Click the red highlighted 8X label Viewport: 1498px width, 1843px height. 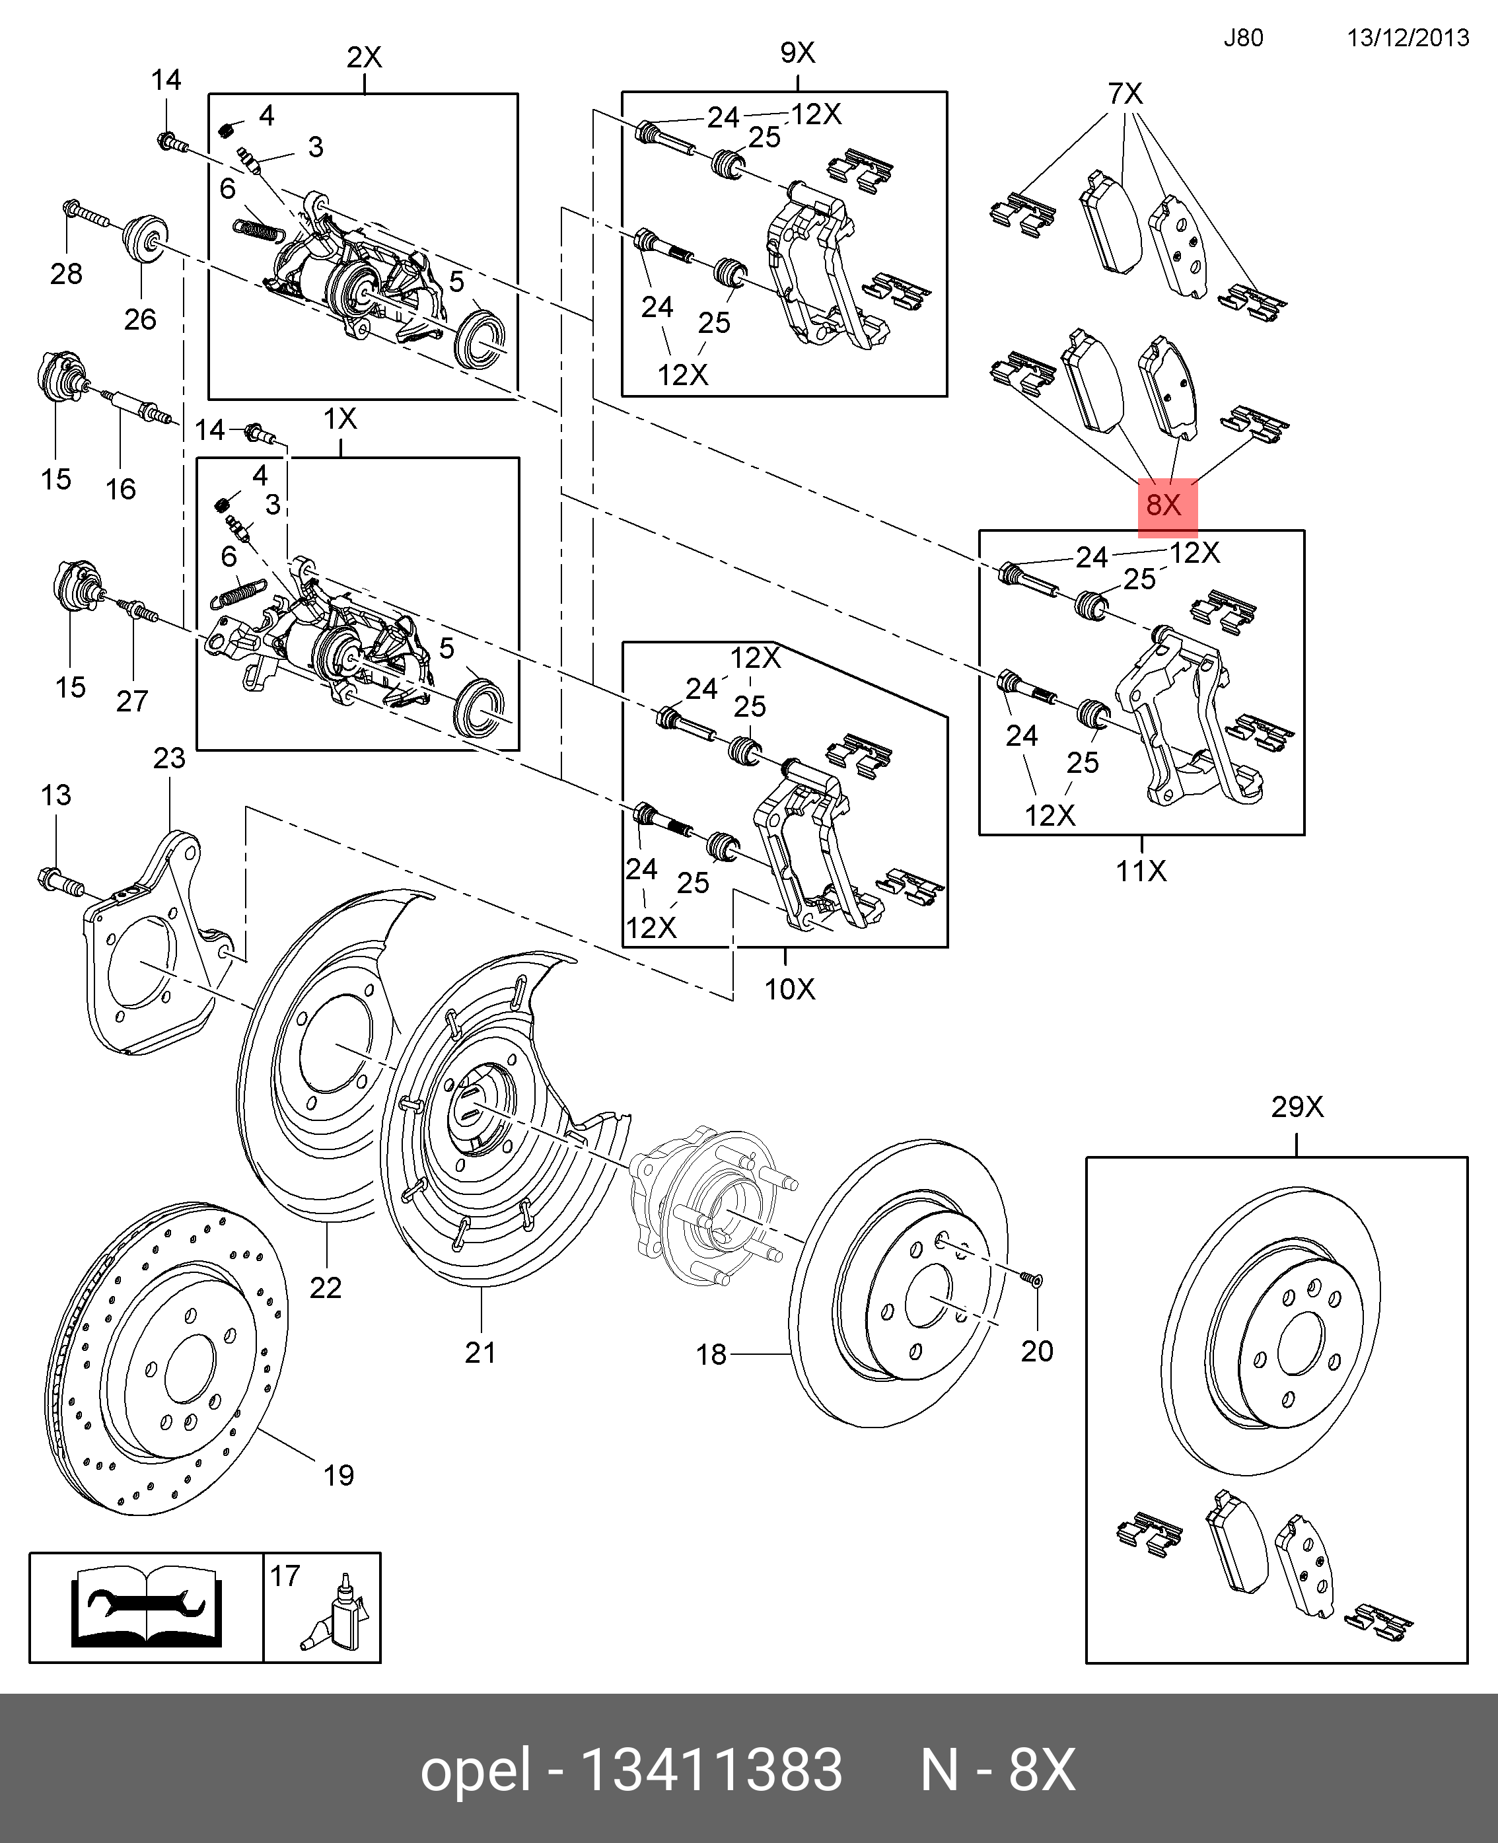[1166, 505]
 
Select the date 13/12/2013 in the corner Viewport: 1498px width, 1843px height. [1408, 38]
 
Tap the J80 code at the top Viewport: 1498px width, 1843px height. [1242, 38]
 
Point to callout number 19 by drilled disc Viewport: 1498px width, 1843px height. [338, 1476]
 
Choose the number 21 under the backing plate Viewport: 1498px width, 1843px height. [481, 1353]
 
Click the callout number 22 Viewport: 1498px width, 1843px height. [326, 1288]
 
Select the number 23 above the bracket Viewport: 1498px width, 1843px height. [169, 758]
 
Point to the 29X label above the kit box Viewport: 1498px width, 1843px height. [1296, 1107]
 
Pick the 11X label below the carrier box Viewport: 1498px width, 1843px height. [1141, 871]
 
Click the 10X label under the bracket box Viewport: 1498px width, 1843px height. [789, 989]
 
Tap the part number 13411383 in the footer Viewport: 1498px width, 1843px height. [712, 1770]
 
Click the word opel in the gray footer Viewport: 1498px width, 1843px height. [475, 1770]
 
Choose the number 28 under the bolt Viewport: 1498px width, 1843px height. [67, 274]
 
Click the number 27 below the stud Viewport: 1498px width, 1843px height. [132, 702]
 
